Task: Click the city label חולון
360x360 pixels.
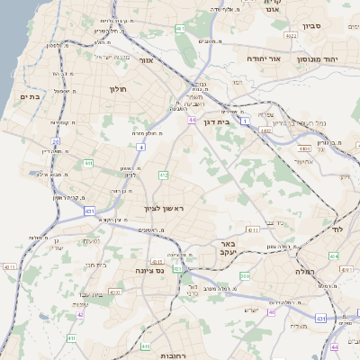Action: pyautogui.click(x=119, y=89)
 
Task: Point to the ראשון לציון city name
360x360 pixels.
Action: pyautogui.click(x=163, y=209)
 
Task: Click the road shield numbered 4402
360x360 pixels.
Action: pyautogui.click(x=264, y=130)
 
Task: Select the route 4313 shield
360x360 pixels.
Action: pyautogui.click(x=254, y=229)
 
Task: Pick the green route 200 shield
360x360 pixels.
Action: pyautogui.click(x=244, y=275)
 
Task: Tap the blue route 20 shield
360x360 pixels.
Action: pyautogui.click(x=55, y=142)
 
